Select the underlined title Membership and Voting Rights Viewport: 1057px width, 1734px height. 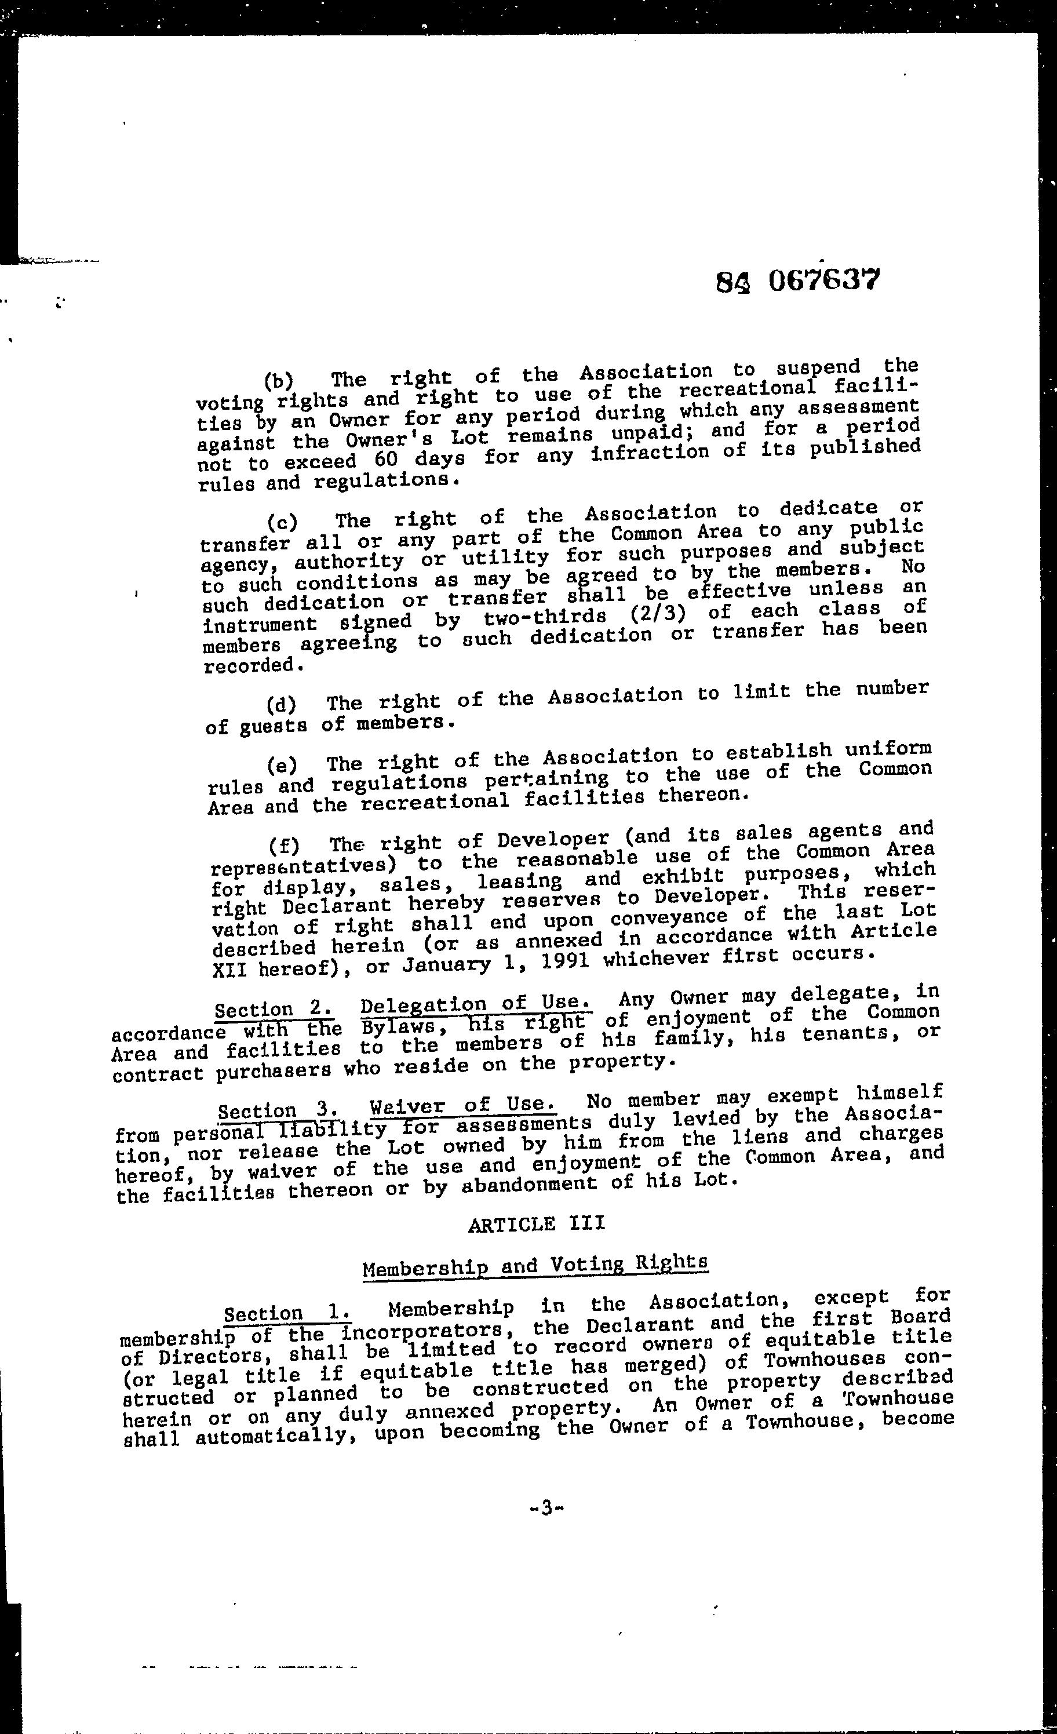tap(535, 1265)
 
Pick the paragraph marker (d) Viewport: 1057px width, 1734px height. tap(282, 704)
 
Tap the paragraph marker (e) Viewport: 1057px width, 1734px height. tap(282, 764)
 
